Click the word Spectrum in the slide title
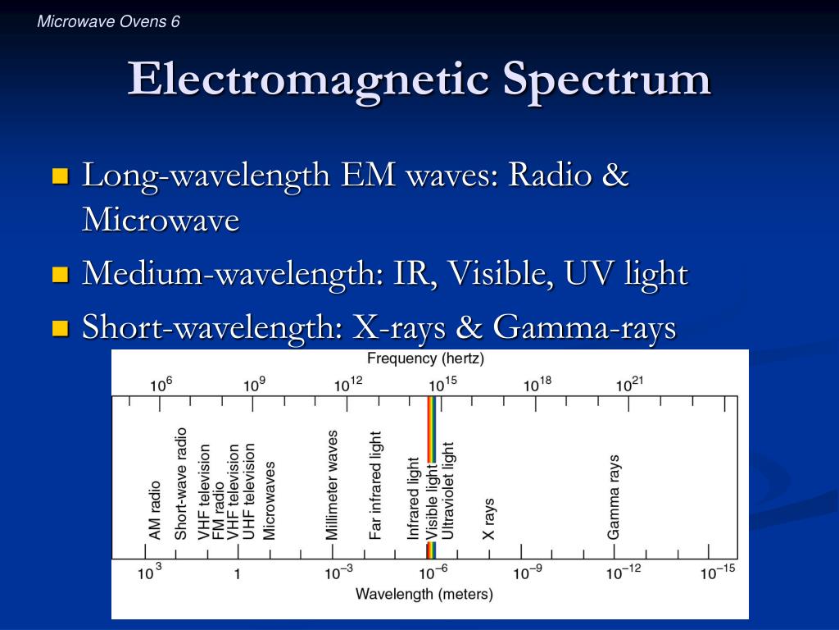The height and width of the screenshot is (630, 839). pos(606,80)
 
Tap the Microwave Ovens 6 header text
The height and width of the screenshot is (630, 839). pos(108,21)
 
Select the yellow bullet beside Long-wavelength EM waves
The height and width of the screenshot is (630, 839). pos(60,176)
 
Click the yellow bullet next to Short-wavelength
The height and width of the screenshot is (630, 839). pos(60,329)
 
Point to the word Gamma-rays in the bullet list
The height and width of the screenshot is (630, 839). pos(584,328)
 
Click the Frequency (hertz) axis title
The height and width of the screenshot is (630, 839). pos(425,358)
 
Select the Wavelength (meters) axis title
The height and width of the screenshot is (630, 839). pos(424,593)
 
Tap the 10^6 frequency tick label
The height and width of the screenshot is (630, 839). pos(161,385)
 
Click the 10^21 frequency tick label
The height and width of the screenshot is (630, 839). pos(630,385)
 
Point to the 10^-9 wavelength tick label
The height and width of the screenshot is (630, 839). pos(527,573)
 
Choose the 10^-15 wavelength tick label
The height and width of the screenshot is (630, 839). pos(718,573)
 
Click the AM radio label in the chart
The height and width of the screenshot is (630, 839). pos(155,510)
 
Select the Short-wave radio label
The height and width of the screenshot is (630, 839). pos(181,483)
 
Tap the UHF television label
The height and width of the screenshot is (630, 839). pos(249,491)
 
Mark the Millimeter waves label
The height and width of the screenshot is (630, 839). pos(332,485)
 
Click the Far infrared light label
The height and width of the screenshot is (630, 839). pos(376,486)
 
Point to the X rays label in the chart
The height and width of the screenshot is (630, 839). pos(489,518)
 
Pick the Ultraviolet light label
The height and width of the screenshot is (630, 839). pos(447,491)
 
